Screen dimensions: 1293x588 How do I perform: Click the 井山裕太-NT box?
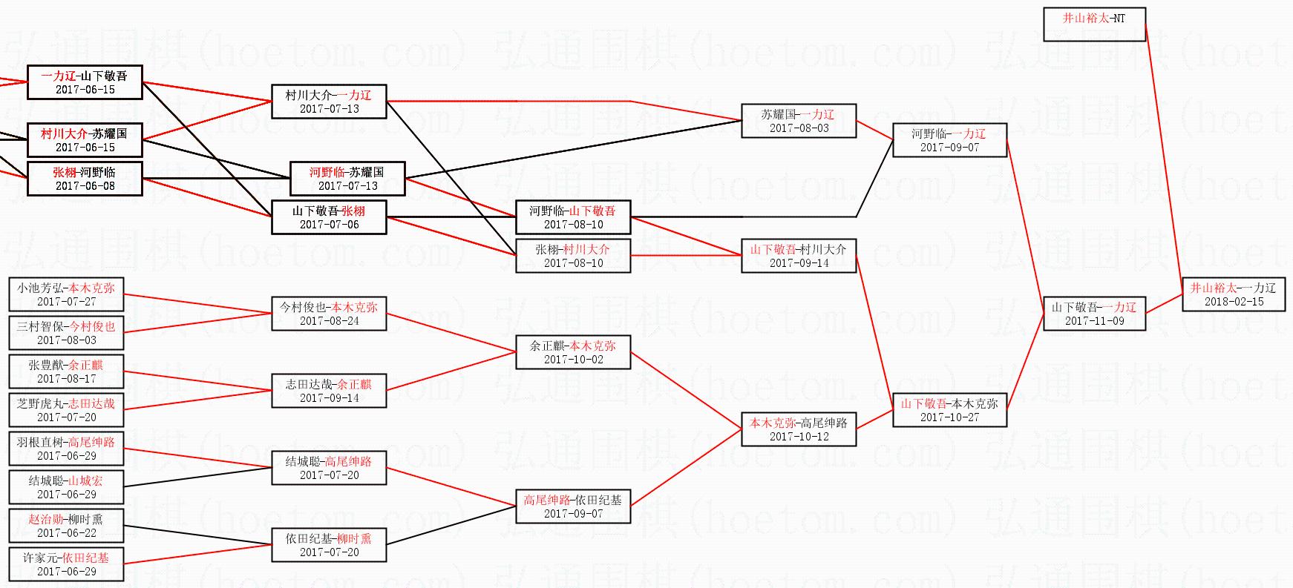click(x=1094, y=24)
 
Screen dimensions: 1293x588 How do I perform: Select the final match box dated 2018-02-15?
click(x=1234, y=294)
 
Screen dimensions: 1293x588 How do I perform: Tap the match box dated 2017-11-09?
click(x=1094, y=314)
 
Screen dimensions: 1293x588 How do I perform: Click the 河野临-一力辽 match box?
click(x=949, y=140)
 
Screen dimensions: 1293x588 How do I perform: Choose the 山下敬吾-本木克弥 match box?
click(x=949, y=410)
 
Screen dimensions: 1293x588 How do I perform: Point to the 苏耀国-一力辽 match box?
click(x=799, y=121)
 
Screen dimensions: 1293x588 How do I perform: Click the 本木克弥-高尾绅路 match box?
click(x=799, y=429)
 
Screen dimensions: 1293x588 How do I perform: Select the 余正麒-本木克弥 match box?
click(x=573, y=352)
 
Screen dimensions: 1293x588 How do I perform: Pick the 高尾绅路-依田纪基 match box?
click(x=573, y=506)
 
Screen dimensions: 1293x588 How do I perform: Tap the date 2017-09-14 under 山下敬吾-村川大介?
click(x=799, y=263)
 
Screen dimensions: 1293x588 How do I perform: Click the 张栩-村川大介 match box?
click(x=573, y=256)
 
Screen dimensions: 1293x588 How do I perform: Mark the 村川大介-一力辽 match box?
click(x=329, y=102)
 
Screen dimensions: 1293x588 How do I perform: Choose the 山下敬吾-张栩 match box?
click(x=329, y=217)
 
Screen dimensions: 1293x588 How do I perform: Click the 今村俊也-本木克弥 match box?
click(x=329, y=314)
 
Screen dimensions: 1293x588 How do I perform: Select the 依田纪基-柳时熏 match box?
click(x=329, y=545)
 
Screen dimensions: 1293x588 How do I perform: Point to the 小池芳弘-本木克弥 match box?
click(x=66, y=294)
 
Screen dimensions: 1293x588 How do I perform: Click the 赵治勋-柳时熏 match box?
click(x=66, y=526)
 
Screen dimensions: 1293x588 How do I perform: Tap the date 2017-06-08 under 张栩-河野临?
click(x=85, y=186)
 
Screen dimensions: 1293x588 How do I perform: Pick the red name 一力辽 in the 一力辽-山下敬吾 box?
click(x=59, y=76)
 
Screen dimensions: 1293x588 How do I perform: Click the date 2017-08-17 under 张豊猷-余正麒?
click(x=66, y=379)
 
